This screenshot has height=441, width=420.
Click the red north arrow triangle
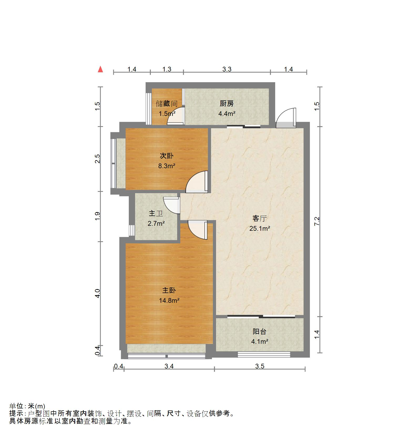(x=100, y=69)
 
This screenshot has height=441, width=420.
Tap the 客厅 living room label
(x=259, y=218)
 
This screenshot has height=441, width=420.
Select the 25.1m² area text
(x=259, y=228)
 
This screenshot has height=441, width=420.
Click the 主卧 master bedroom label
(x=169, y=290)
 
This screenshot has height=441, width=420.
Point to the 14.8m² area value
(x=169, y=300)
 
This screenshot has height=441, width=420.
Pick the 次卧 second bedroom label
(x=166, y=156)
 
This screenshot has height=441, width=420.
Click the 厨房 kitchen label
(x=227, y=104)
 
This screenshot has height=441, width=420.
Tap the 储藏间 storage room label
(x=166, y=104)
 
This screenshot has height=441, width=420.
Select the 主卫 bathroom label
(x=156, y=213)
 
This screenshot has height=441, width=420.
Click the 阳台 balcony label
(x=259, y=331)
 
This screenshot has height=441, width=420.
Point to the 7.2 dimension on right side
(x=317, y=221)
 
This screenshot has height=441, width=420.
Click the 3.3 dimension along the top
(x=227, y=69)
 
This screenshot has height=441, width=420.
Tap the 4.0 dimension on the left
(x=98, y=293)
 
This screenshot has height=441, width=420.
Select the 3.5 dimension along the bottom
(x=259, y=366)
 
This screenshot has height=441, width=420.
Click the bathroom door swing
(x=171, y=205)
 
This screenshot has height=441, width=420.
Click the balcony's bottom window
(x=264, y=355)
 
